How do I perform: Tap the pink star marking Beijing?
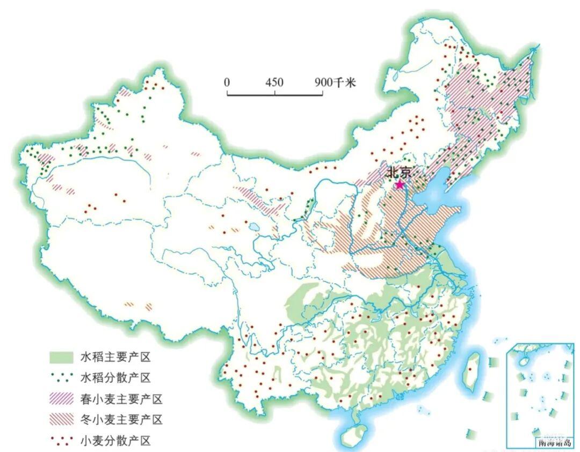click(400, 185)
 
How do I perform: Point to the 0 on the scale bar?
click(227, 83)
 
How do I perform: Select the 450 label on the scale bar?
click(274, 83)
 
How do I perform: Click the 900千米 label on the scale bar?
click(335, 83)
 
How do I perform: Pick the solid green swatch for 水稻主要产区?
click(61, 357)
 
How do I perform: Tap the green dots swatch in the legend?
click(61, 378)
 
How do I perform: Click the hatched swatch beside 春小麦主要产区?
click(61, 399)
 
